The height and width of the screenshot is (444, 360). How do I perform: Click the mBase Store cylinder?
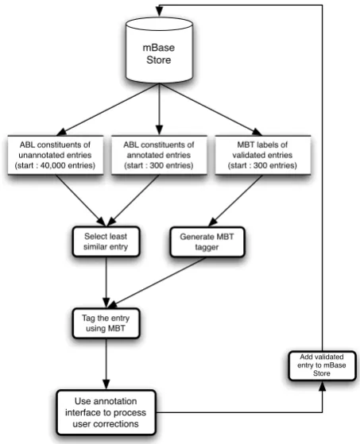point(159,50)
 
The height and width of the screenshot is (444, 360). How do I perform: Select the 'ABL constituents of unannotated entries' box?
point(56,155)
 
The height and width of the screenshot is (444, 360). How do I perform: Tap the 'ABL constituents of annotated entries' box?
point(159,155)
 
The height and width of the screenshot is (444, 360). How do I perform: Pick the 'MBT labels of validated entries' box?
point(262,155)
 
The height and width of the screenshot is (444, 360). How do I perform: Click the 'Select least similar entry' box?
point(106,241)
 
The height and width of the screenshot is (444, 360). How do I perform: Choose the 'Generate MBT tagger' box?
point(207,241)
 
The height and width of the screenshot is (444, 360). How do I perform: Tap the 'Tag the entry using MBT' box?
point(106,323)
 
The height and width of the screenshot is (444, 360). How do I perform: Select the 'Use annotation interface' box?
point(106,412)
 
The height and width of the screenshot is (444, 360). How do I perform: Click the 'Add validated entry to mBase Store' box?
point(322,365)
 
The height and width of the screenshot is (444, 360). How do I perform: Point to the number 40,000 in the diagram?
point(52,165)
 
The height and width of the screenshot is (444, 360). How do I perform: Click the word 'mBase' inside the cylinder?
point(159,48)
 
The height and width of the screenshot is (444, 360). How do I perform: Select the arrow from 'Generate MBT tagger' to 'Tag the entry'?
point(157,283)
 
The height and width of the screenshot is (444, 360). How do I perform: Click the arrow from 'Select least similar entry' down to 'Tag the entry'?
point(106,282)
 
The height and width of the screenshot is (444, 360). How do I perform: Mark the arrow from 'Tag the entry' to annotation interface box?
point(106,364)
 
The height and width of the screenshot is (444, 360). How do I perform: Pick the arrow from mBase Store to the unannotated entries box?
point(108,110)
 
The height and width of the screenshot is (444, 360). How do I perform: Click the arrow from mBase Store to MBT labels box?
point(211,110)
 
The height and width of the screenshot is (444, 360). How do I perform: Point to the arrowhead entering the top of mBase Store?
point(159,11)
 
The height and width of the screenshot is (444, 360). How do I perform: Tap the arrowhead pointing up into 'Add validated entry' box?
point(323,386)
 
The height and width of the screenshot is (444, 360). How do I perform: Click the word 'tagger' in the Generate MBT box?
point(207,247)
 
